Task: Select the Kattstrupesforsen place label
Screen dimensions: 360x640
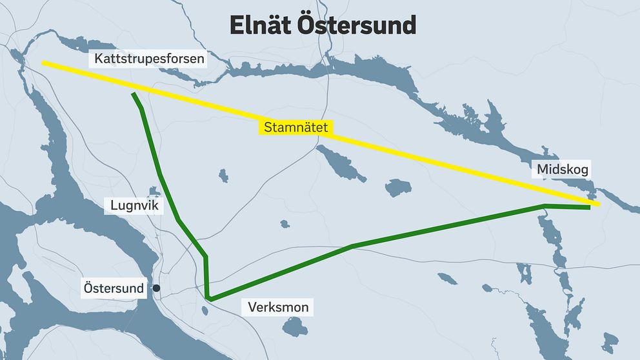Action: [x=149, y=60]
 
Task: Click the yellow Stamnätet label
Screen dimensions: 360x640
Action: [x=295, y=128]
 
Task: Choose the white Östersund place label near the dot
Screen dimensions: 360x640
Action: [x=114, y=288]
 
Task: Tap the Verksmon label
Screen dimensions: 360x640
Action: [x=278, y=307]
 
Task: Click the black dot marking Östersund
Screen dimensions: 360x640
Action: [x=156, y=288]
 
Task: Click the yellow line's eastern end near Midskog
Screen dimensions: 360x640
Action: [x=598, y=205]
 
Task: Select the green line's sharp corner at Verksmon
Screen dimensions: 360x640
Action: [x=210, y=298]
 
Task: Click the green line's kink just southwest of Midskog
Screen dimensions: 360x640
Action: [x=545, y=206]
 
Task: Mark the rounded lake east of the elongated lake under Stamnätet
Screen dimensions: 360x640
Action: [x=397, y=187]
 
